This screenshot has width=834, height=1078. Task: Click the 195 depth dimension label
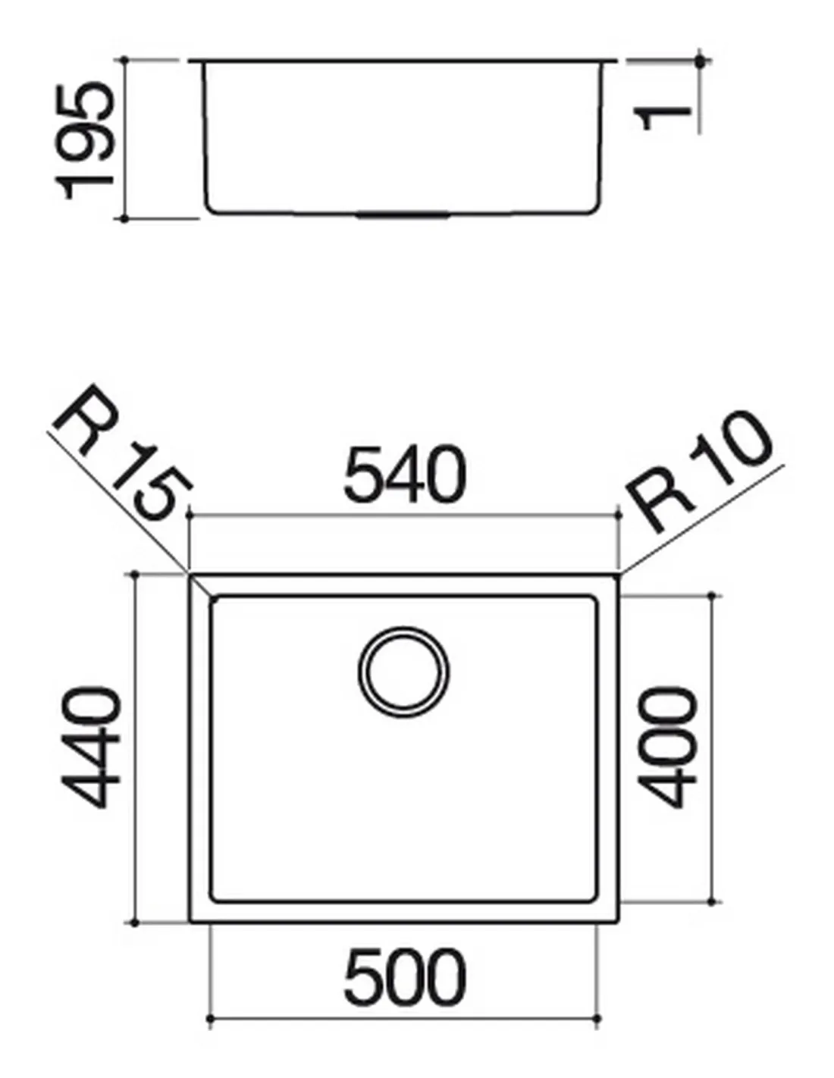[86, 142]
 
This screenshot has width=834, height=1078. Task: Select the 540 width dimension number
[405, 474]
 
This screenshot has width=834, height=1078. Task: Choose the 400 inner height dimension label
[666, 747]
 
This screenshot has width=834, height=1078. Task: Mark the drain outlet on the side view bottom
[403, 215]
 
